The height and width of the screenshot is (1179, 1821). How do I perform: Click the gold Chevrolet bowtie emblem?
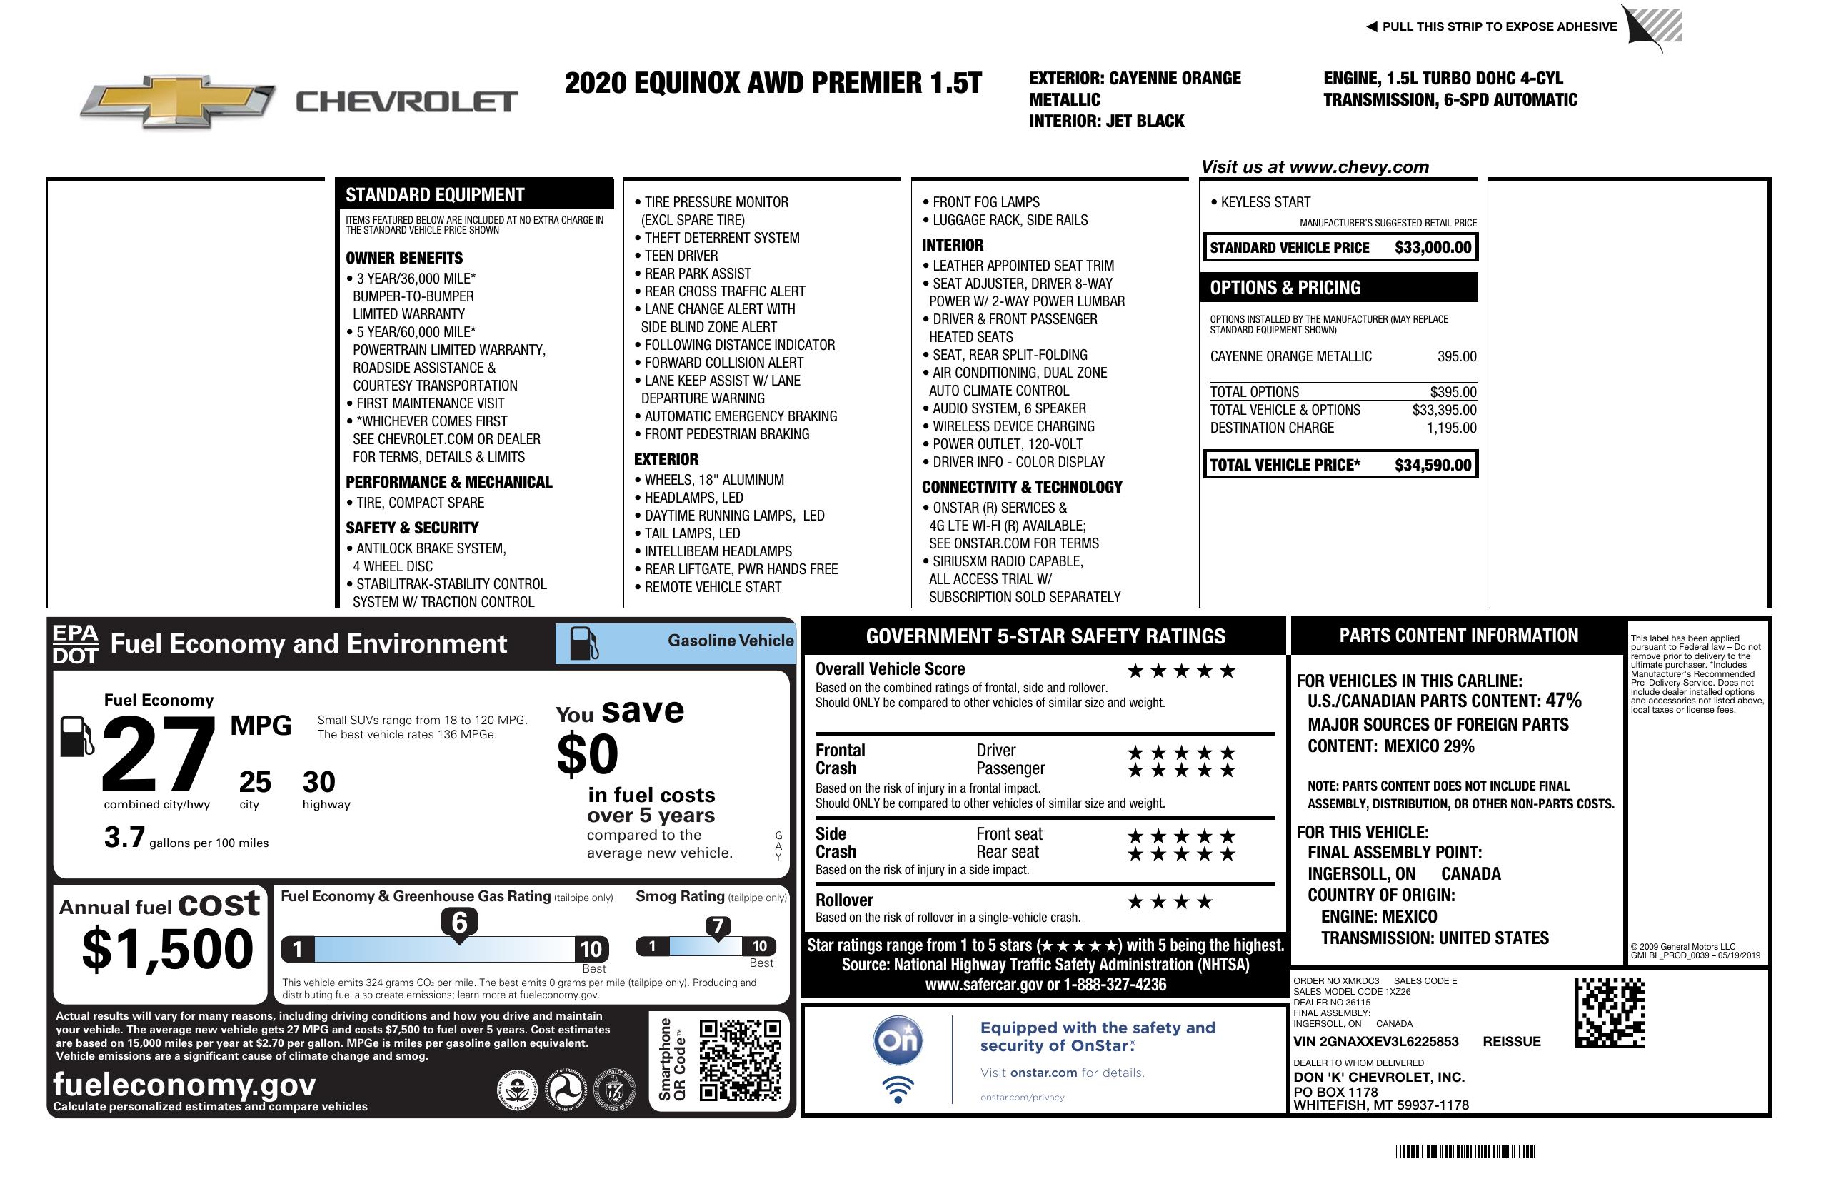tap(178, 100)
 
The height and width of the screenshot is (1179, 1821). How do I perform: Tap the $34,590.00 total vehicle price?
tap(1433, 465)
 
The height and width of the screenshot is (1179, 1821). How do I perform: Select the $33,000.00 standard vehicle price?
tap(1433, 248)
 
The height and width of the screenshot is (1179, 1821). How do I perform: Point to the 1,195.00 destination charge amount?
tap(1450, 428)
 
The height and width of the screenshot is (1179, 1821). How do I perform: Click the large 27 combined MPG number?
tap(159, 753)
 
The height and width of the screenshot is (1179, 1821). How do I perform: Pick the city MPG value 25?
tap(255, 782)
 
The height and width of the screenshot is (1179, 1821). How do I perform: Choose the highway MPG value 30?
tap(319, 782)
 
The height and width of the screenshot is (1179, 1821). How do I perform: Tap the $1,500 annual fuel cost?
tap(168, 950)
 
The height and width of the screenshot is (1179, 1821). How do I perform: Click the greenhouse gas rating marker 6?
tap(459, 923)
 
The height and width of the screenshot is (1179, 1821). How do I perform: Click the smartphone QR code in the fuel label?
tap(740, 1060)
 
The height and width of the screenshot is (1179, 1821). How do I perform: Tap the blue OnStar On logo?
tap(898, 1040)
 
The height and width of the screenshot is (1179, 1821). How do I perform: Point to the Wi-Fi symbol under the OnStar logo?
tap(898, 1090)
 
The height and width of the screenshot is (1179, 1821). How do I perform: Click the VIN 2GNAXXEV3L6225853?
tap(1375, 1042)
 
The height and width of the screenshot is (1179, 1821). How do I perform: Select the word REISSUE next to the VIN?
tap(1511, 1042)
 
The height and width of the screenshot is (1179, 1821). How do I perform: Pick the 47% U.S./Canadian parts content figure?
tap(1563, 701)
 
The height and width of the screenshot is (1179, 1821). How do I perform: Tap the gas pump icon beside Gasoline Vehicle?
tap(585, 643)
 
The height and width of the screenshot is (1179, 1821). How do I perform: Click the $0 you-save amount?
tap(588, 754)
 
